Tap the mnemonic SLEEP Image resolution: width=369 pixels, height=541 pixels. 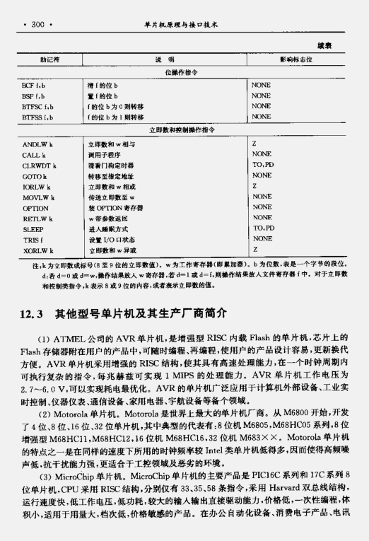pyautogui.click(x=33, y=229)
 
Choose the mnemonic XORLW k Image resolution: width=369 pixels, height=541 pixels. pyautogui.click(x=38, y=250)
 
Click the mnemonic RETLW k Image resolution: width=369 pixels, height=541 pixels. pyautogui.click(x=37, y=219)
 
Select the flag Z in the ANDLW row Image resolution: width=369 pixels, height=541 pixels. pyautogui.click(x=254, y=144)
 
